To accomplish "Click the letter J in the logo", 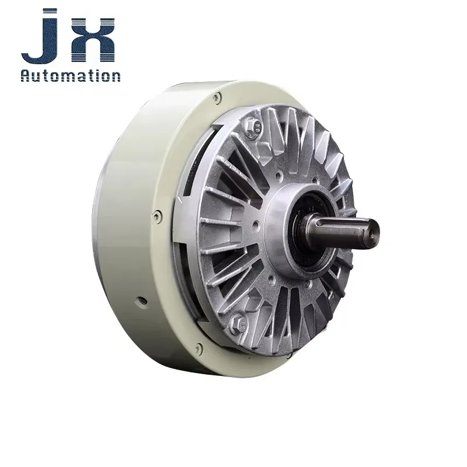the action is tap(45, 45).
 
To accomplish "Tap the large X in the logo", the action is tap(93, 40).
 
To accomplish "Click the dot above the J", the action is tap(50, 11).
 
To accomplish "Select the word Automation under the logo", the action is tap(71, 75).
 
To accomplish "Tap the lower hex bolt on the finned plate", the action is tap(239, 323).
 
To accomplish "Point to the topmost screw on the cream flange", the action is tap(218, 97).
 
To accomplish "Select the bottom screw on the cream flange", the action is tap(198, 348).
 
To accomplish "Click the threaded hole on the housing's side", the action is tap(142, 301).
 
